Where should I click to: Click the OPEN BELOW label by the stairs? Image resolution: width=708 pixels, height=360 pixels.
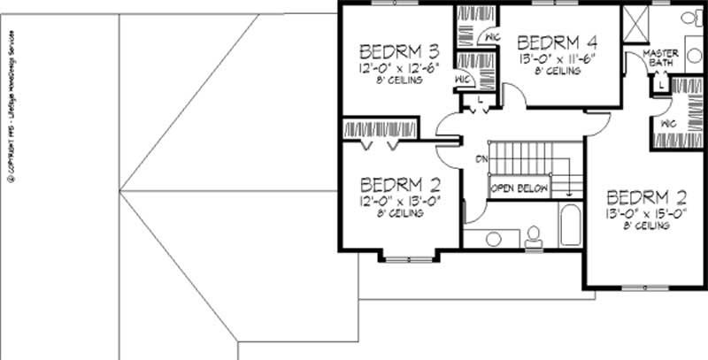pos(520,188)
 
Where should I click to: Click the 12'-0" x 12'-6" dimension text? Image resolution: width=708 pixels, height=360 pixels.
pos(392,67)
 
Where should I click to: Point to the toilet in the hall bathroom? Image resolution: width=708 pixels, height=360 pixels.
pos(533,236)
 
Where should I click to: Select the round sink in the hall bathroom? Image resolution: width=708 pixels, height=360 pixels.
pos(493,238)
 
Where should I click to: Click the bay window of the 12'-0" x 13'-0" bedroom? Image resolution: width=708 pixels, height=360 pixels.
pos(408,257)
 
